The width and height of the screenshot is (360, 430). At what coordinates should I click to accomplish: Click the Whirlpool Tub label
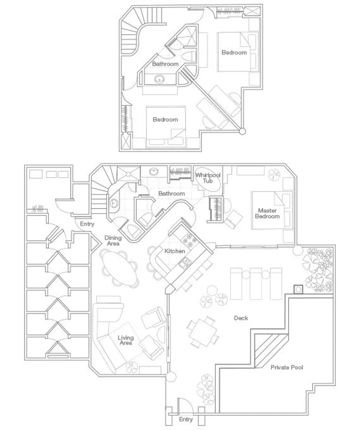(208, 178)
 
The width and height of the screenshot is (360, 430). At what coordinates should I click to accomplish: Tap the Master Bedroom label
(267, 213)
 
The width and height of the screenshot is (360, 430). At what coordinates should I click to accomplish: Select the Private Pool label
(287, 367)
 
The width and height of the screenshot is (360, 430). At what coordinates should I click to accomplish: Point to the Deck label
(241, 318)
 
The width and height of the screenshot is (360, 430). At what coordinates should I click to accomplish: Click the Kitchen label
(175, 251)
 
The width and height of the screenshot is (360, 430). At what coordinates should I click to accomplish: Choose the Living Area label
(126, 340)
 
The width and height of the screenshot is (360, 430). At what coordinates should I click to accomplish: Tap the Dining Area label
(113, 240)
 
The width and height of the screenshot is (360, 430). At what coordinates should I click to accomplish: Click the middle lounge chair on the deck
(256, 284)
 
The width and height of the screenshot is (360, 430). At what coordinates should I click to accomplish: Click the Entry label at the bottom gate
(186, 419)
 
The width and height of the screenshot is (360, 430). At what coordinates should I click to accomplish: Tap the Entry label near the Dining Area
(87, 224)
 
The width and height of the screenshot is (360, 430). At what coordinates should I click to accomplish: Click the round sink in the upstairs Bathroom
(160, 79)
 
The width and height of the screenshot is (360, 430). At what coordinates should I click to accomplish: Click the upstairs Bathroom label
(165, 64)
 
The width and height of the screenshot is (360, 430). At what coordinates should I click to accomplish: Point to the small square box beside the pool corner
(298, 289)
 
